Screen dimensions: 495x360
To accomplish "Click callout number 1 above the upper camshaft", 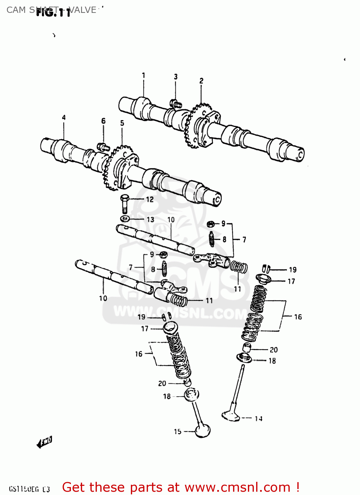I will (143, 76).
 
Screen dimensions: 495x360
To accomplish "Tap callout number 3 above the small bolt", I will (176, 77).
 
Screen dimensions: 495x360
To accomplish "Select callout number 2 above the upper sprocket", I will (201, 81).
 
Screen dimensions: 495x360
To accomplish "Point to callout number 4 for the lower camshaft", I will (64, 117).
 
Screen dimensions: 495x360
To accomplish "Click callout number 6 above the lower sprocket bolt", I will (104, 121).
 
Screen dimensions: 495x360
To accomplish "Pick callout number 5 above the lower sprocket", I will (122, 123).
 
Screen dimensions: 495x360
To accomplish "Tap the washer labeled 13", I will (125, 219).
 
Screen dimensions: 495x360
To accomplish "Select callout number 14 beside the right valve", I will (258, 419).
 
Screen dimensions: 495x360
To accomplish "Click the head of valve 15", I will (202, 431).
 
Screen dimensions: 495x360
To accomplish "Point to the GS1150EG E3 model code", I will (29, 489).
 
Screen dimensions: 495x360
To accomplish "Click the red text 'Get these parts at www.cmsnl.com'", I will (181, 487).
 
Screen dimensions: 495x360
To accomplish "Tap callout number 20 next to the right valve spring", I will (274, 350).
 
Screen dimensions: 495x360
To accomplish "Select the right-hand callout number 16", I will (298, 317).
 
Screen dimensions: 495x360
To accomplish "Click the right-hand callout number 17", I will (291, 281).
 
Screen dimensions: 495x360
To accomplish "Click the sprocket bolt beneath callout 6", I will (103, 147).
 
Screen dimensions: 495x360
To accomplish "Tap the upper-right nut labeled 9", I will (210, 224).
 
